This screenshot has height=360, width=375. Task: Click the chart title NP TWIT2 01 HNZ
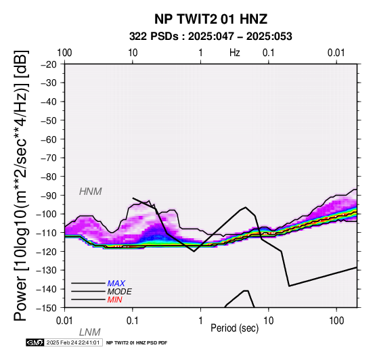click(x=211, y=19)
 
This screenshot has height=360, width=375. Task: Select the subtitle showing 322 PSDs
click(x=211, y=37)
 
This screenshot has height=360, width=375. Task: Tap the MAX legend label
click(x=116, y=284)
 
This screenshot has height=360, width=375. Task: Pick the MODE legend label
click(x=120, y=292)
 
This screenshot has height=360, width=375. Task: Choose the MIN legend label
click(x=115, y=300)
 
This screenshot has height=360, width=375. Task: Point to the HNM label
click(x=91, y=192)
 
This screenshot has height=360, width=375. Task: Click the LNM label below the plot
click(x=89, y=332)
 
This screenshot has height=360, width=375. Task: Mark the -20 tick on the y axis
click(x=49, y=64)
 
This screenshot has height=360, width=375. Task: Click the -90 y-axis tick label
click(x=49, y=196)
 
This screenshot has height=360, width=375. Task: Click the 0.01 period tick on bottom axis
click(x=64, y=321)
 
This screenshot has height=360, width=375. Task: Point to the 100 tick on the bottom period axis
click(x=336, y=321)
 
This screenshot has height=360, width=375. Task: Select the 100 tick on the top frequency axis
click(x=64, y=53)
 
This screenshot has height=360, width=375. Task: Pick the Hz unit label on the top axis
click(x=235, y=53)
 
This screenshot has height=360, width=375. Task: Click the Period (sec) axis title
click(x=235, y=328)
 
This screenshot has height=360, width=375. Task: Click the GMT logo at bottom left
click(x=35, y=342)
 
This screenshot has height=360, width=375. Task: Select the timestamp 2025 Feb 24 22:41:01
click(x=73, y=342)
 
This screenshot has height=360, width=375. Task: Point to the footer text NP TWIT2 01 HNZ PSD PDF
click(x=137, y=343)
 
